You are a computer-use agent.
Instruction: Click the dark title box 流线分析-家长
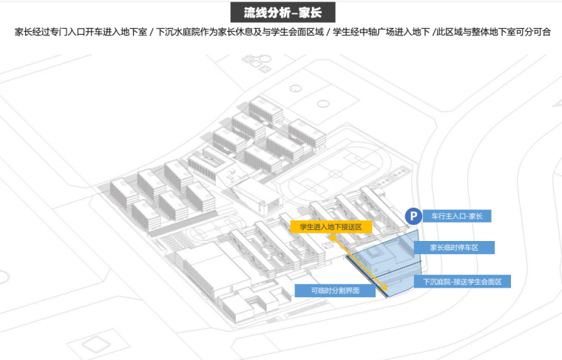(x=280, y=13)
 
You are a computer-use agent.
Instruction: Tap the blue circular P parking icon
(x=414, y=216)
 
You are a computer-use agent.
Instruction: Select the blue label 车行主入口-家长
(x=456, y=216)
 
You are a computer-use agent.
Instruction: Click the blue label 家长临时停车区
(x=454, y=248)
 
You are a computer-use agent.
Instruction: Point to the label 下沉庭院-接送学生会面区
(x=461, y=282)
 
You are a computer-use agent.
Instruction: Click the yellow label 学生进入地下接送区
(x=330, y=227)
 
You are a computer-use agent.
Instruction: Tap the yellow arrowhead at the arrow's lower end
(x=385, y=291)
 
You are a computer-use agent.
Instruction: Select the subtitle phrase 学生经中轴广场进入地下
(x=377, y=33)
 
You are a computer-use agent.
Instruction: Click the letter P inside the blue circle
(x=414, y=216)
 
